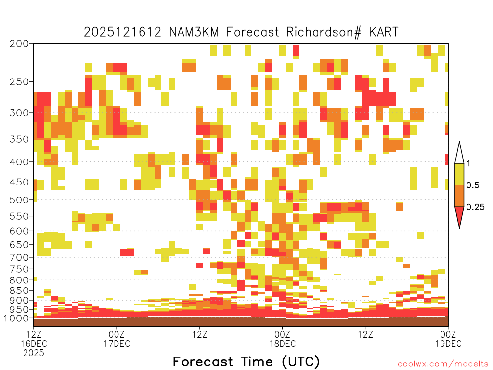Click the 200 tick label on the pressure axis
click(x=19, y=44)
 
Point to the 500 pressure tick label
click(x=19, y=200)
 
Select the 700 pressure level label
click(x=19, y=257)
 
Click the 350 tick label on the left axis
click(x=19, y=139)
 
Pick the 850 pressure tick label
click(x=19, y=291)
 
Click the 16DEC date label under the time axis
click(x=34, y=344)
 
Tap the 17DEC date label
click(x=117, y=344)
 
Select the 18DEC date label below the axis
click(x=282, y=344)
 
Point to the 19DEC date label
click(x=448, y=344)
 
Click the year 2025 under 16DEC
click(x=34, y=353)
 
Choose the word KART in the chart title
click(x=383, y=32)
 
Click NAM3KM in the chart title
click(x=194, y=32)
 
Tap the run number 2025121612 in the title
click(x=123, y=32)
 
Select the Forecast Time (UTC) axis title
click(x=246, y=361)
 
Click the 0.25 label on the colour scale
click(x=475, y=207)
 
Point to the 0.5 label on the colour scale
click(x=473, y=185)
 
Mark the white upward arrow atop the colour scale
click(x=459, y=153)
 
